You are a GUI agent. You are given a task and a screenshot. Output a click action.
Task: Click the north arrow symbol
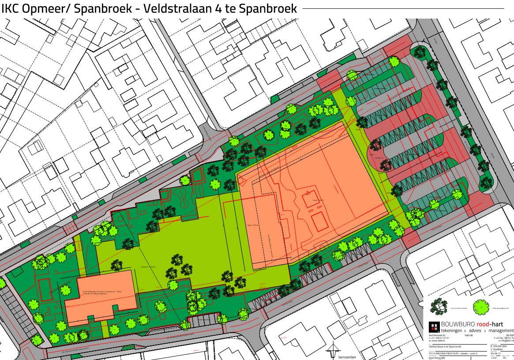[332, 352]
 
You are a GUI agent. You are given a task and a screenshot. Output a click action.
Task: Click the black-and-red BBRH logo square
[434, 327]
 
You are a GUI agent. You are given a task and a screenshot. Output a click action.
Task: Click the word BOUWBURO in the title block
[458, 324]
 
